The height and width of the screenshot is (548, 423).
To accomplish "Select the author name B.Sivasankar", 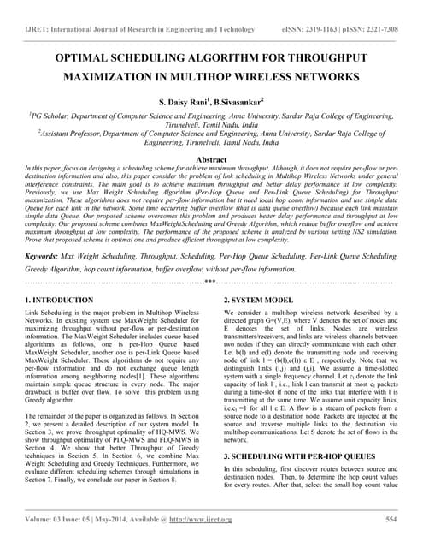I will click(x=241, y=102).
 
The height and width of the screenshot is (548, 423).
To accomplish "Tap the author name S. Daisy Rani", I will click(x=181, y=102).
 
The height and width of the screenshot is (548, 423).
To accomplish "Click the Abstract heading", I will click(x=211, y=160).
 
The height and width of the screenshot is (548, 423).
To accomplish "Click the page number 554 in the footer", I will click(x=391, y=520).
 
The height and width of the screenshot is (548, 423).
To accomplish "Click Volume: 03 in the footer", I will click(x=50, y=520).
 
